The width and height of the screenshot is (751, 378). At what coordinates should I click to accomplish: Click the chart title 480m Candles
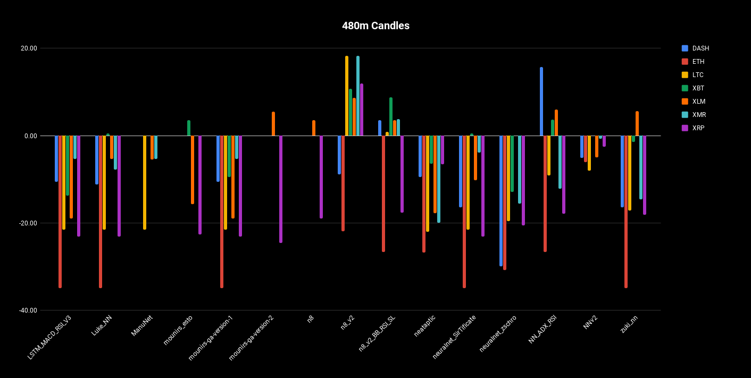(375, 26)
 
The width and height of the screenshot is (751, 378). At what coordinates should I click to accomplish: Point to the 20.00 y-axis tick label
(29, 48)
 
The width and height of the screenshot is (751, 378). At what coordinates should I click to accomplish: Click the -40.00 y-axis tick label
(28, 310)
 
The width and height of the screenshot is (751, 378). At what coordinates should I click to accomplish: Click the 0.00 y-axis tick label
(31, 136)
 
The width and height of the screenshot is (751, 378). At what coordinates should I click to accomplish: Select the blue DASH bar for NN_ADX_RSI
(541, 102)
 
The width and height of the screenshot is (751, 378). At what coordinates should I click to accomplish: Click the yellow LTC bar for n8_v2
(347, 96)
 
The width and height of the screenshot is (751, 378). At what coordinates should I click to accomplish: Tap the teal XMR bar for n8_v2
(358, 96)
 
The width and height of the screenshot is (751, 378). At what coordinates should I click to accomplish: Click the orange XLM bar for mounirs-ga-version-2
(273, 124)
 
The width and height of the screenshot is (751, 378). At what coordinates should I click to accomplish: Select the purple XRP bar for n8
(321, 177)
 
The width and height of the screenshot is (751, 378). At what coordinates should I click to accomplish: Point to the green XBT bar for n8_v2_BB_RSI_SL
(391, 117)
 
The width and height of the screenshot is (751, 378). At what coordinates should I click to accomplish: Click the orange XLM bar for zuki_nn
(637, 124)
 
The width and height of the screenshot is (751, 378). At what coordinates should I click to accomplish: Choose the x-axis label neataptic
(425, 325)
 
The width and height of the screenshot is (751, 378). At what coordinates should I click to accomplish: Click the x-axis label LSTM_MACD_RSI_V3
(49, 337)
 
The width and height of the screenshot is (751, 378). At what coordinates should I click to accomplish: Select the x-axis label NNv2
(590, 322)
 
